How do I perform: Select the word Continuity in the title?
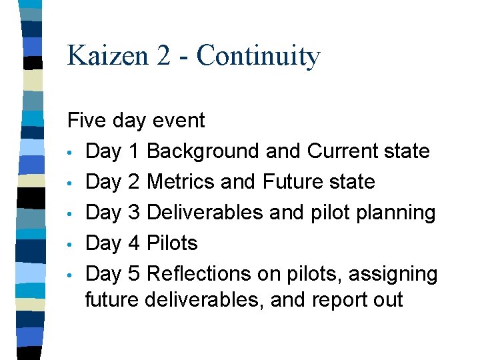(x=258, y=55)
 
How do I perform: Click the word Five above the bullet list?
(x=87, y=121)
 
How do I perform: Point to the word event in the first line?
(x=179, y=121)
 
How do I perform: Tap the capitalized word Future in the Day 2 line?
(x=296, y=182)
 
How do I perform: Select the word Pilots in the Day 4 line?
(x=172, y=243)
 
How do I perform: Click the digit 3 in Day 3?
(x=133, y=213)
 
